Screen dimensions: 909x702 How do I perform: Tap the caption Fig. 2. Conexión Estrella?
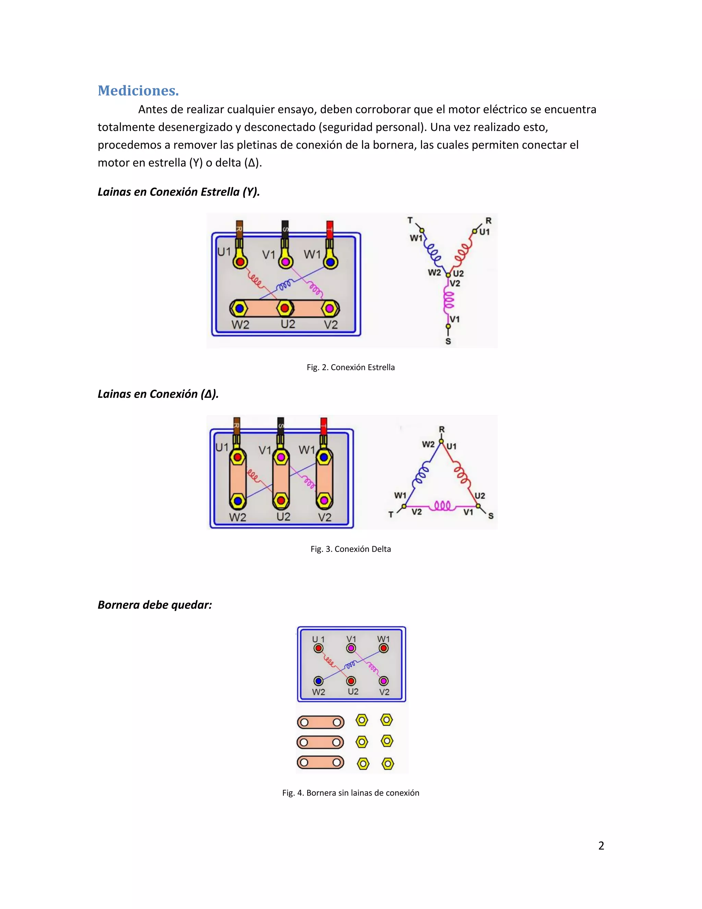pos(351,367)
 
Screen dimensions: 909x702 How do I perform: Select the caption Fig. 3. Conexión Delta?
pos(351,549)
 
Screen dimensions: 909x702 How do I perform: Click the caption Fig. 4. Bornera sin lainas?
pos(351,793)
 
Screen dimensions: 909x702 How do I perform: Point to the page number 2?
pos(601,846)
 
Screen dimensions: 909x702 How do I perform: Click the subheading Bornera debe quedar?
pos(155,605)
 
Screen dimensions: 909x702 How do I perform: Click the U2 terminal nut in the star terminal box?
pos(285,308)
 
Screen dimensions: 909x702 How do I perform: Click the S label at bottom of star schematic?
pos(448,342)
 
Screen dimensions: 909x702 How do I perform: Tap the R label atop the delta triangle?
pos(441,429)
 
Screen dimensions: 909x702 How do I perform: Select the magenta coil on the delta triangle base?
pos(442,506)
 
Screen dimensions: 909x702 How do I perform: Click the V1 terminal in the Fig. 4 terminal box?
pos(351,648)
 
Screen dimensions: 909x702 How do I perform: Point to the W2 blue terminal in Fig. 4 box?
pos(318,681)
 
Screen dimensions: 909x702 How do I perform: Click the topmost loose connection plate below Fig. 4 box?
pos(320,722)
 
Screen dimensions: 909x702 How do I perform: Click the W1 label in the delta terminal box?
pos(306,450)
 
